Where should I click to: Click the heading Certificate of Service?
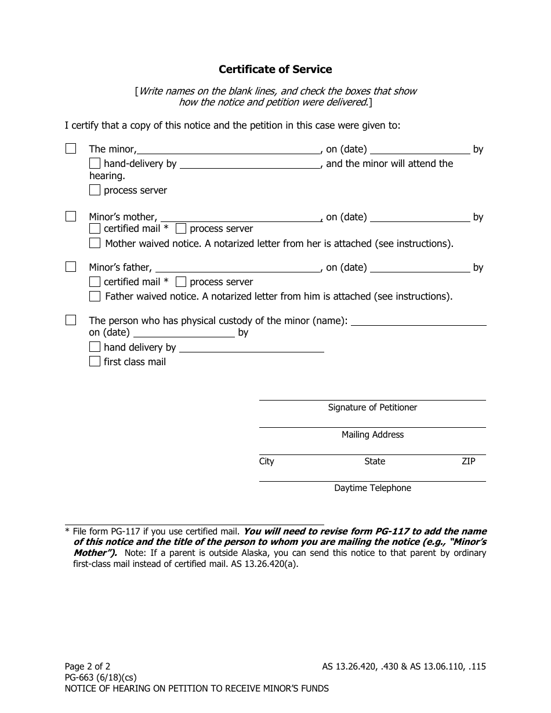275,70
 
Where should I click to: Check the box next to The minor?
71,148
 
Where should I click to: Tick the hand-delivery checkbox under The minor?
95,163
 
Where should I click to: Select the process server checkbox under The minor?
95,190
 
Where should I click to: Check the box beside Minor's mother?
71,216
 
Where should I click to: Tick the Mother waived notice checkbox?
95,243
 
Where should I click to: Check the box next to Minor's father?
71,267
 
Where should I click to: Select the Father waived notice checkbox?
95,296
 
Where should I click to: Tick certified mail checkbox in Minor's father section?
95,282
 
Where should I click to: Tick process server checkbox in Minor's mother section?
180,228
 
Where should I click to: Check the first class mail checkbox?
95,361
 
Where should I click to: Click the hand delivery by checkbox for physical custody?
95,347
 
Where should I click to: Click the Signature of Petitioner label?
372,408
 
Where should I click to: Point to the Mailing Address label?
372,435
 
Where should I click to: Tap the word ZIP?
468,461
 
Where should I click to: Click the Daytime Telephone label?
372,488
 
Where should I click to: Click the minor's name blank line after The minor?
229,150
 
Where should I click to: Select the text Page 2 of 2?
87,667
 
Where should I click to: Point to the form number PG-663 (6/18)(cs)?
100,678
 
